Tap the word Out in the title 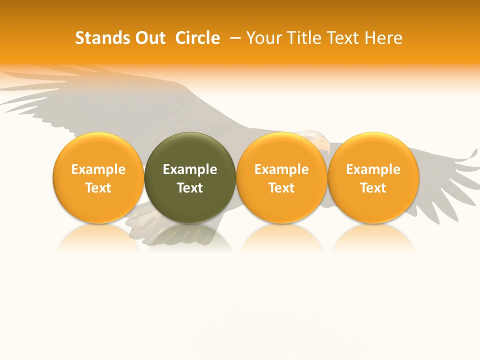(149, 38)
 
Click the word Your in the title (262, 38)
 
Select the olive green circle (190, 150)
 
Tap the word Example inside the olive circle (190, 169)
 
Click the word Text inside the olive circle (190, 188)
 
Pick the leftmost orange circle (98, 150)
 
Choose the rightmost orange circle (373, 150)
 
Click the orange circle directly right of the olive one (281, 150)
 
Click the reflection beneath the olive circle (190, 237)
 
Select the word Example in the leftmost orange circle (98, 169)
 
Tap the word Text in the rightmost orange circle (373, 188)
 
